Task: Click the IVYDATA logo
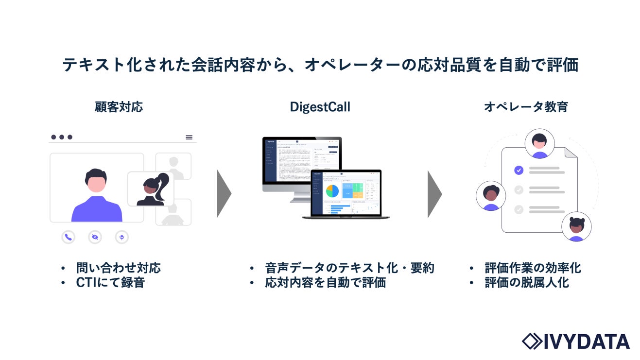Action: point(575,341)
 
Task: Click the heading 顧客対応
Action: point(119,107)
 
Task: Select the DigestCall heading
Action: point(320,107)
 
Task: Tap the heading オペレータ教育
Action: point(526,107)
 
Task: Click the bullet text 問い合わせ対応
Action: point(118,268)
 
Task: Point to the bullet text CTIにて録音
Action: point(110,282)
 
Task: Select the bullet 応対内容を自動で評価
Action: point(325,282)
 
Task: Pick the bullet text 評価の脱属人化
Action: point(527,282)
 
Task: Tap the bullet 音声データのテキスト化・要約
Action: point(349,268)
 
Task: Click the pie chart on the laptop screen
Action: point(332,191)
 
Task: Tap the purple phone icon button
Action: point(69,237)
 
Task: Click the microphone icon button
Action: point(121,237)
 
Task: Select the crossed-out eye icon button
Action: point(95,237)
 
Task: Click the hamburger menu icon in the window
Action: point(189,137)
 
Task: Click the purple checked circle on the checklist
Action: point(519,170)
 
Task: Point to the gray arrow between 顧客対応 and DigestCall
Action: point(224,193)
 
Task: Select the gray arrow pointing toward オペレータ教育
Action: point(434,193)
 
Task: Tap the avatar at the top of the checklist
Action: point(539,144)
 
